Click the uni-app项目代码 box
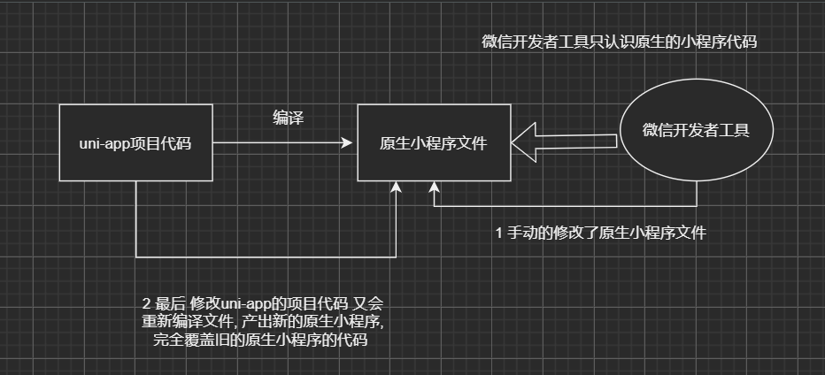point(136,142)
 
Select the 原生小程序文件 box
point(433,142)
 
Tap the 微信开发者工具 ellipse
point(696,131)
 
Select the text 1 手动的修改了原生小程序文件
point(601,233)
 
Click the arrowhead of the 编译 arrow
point(351,142)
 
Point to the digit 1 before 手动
point(499,233)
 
